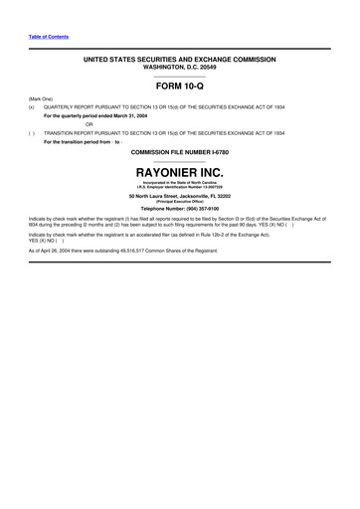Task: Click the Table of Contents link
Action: click(49, 37)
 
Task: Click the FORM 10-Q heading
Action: click(179, 85)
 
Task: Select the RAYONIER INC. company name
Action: click(179, 173)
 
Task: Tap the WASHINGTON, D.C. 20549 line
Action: click(179, 67)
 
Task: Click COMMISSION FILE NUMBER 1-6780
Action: click(179, 152)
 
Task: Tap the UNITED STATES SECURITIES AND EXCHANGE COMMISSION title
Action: click(179, 60)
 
